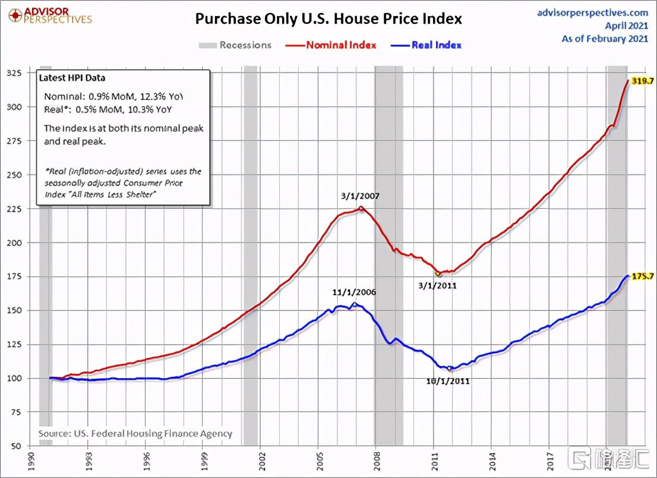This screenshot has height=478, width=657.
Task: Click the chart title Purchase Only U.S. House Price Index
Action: (x=328, y=18)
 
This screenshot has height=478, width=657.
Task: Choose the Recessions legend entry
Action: (x=235, y=45)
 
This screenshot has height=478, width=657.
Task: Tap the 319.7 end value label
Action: (x=642, y=81)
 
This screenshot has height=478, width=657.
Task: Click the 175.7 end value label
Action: (x=642, y=276)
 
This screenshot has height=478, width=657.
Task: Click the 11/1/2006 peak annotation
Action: (x=355, y=293)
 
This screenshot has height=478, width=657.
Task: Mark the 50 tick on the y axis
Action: (x=30, y=446)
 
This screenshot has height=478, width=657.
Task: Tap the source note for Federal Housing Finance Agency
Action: (x=135, y=434)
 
